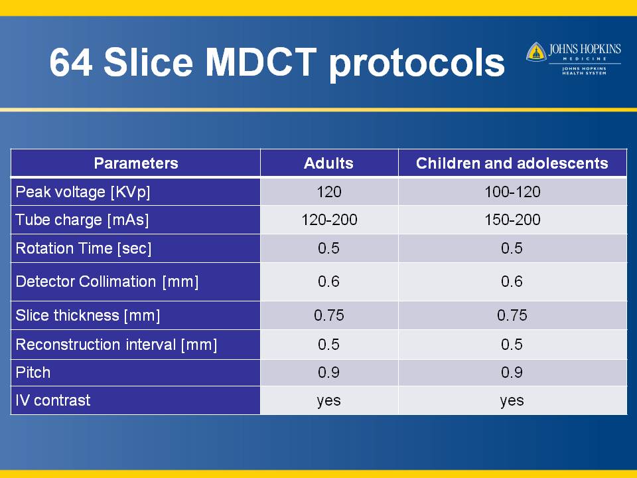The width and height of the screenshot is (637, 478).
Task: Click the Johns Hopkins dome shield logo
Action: point(536,52)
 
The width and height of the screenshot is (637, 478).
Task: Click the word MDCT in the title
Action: point(260,62)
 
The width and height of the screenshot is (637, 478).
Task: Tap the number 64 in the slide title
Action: point(71,62)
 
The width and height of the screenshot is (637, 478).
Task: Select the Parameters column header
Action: point(135,163)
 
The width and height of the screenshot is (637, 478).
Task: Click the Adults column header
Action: point(328,163)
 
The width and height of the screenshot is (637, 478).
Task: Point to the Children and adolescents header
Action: point(512,163)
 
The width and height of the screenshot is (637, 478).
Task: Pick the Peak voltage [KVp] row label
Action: point(83,192)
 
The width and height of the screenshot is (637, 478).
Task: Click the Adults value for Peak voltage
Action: point(328,192)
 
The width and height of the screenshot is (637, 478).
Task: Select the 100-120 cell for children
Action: point(512,192)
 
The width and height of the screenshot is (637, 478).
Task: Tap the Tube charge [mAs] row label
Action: point(82,220)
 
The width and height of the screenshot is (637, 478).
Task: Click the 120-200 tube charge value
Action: point(329,220)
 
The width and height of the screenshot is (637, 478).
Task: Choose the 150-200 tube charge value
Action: point(512,220)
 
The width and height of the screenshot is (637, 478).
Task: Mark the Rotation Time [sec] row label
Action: point(84,248)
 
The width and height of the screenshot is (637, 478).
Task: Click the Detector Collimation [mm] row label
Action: point(107,281)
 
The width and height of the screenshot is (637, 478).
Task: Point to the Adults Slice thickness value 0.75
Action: point(329,315)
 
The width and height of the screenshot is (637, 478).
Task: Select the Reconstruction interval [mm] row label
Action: point(116,345)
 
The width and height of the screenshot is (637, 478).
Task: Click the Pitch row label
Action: point(33,372)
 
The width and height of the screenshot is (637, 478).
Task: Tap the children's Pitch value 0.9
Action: point(512,372)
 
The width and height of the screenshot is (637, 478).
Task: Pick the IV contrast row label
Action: point(53,400)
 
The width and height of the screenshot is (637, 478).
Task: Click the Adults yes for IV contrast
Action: point(328,401)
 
